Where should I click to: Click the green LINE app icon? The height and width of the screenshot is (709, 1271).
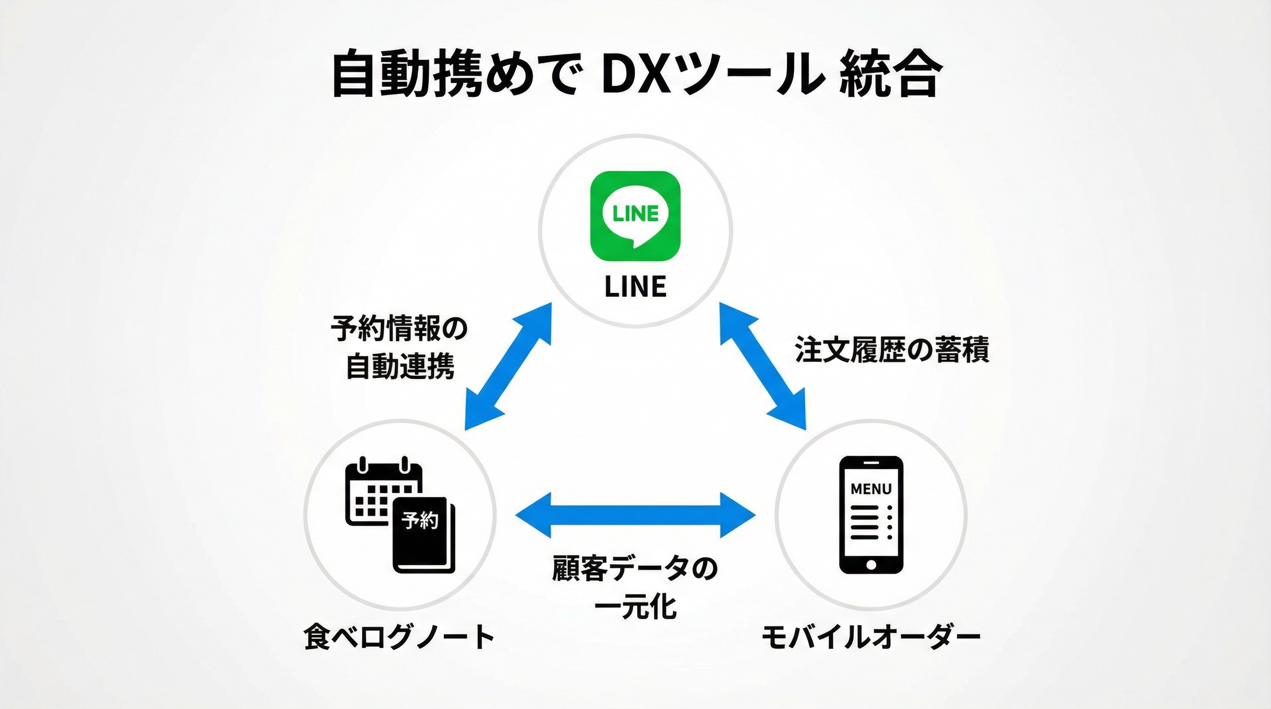(x=635, y=216)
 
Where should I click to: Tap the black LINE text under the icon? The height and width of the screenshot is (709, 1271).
(x=635, y=287)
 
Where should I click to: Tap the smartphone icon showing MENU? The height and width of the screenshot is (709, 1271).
(x=871, y=515)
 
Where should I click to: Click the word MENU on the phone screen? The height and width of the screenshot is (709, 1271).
(x=871, y=489)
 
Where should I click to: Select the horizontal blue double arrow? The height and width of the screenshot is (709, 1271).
(x=635, y=515)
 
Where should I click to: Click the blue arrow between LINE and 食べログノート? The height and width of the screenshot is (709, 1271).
(x=508, y=367)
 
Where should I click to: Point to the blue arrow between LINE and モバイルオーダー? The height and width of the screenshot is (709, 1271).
(x=763, y=367)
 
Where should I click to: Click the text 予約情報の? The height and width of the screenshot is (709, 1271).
(x=399, y=328)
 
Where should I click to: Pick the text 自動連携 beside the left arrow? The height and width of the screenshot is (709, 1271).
(x=399, y=367)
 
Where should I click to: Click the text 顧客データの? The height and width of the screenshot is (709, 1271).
(x=635, y=568)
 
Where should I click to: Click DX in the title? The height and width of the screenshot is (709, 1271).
(x=629, y=77)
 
